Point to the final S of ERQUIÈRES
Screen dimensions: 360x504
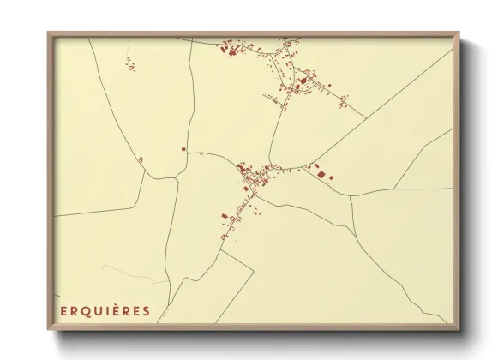147,311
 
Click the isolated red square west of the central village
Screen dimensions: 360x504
183,149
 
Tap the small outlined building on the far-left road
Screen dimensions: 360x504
140,159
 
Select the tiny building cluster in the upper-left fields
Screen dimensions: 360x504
130,64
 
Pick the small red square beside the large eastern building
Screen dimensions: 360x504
331,177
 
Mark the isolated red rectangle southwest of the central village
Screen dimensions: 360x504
225,216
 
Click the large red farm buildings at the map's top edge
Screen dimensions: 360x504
230,52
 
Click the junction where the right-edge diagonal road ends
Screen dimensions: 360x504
351,197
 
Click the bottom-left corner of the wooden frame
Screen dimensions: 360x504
48,329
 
